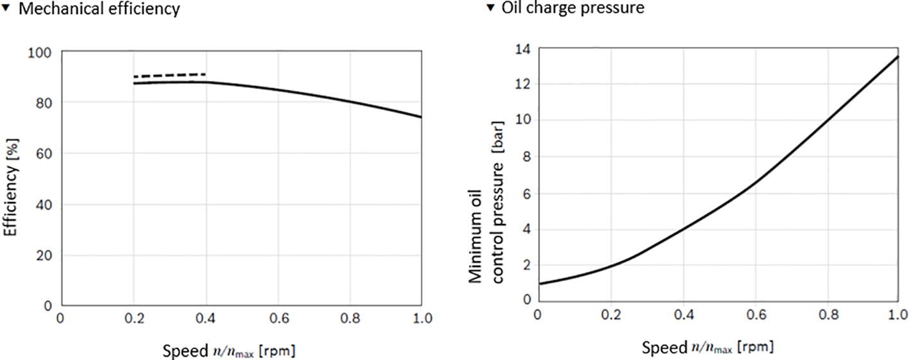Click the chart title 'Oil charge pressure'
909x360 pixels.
572,8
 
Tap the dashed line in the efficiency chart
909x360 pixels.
169,75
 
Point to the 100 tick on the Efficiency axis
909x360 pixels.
44,51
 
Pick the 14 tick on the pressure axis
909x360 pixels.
522,48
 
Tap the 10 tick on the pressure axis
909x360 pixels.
522,121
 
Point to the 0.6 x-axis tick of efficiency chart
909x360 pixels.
278,318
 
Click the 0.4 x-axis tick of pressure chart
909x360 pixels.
683,315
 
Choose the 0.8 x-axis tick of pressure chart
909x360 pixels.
828,315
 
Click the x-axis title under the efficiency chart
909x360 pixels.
229,350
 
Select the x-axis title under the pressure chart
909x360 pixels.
708,347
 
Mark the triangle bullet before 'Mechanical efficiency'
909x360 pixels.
7,8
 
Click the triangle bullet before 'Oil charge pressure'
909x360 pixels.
491,8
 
